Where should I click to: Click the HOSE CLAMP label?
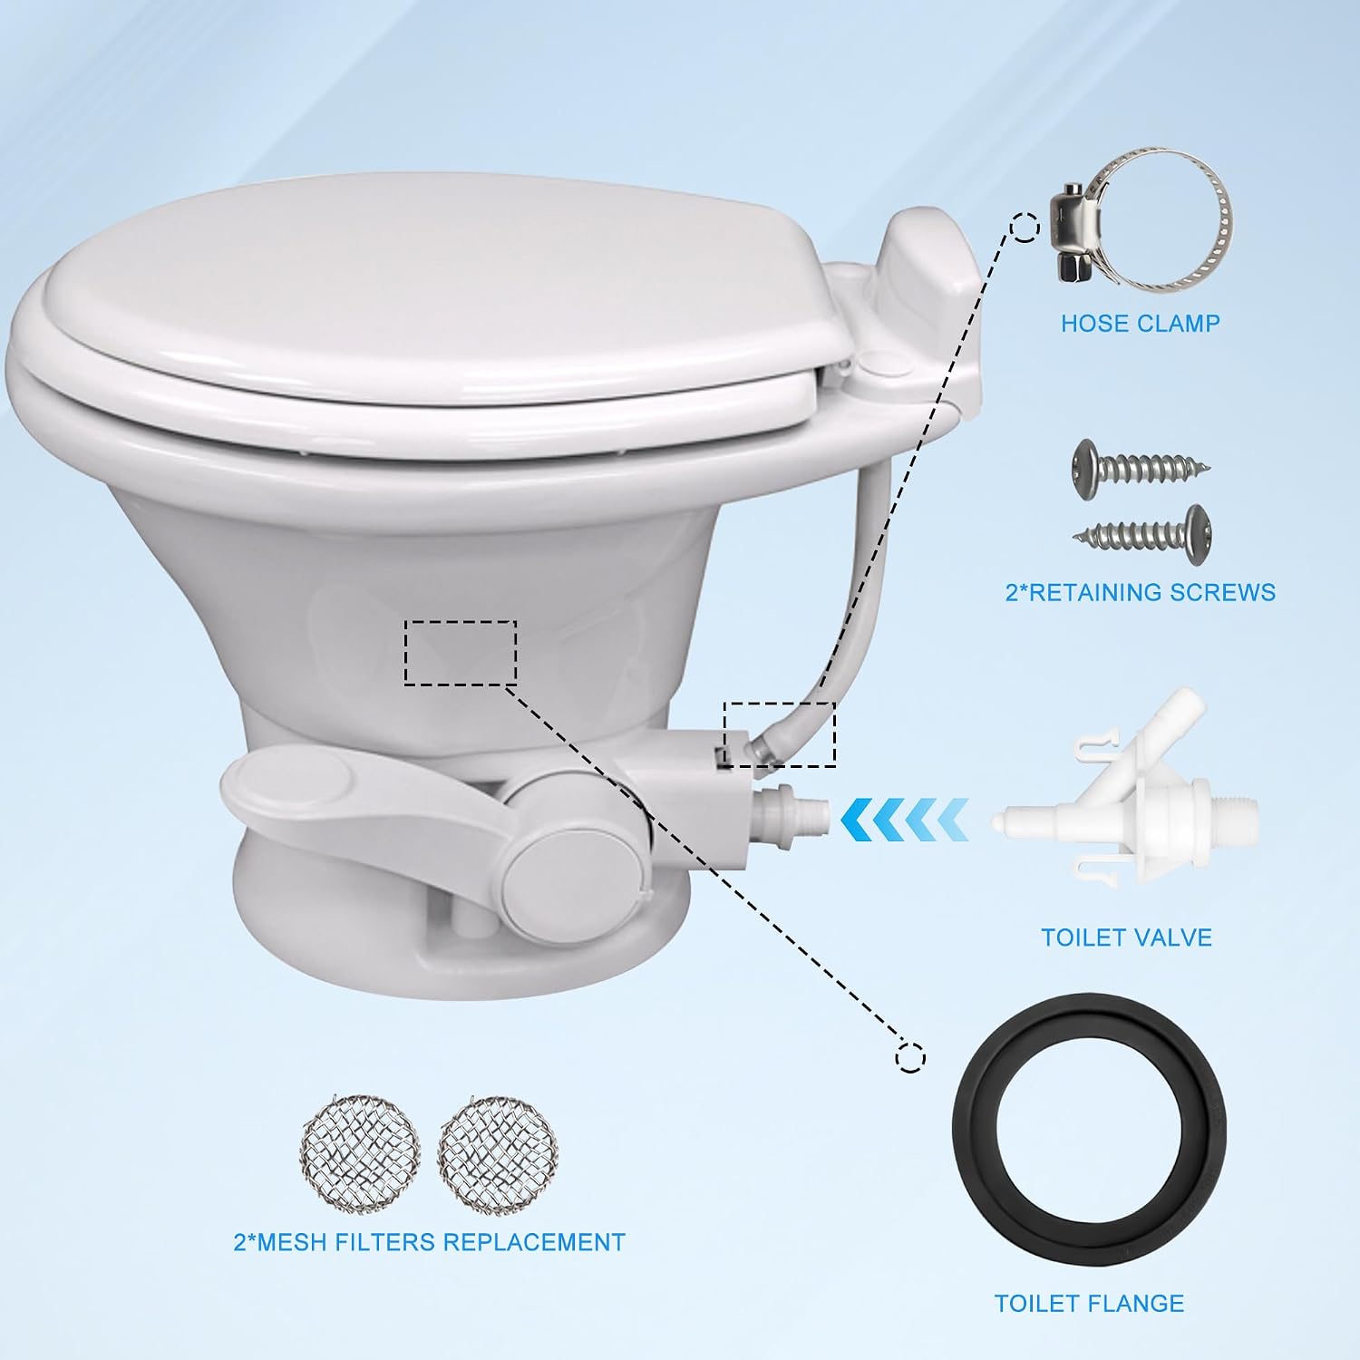pos(1140,323)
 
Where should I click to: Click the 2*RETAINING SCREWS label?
pos(1141,592)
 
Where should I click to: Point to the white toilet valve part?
pos(1124,815)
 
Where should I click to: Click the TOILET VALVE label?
pos(1126,937)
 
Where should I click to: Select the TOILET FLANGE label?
pos(1089,1303)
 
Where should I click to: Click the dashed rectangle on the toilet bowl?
pos(461,622)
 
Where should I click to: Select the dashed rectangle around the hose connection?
pos(779,703)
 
